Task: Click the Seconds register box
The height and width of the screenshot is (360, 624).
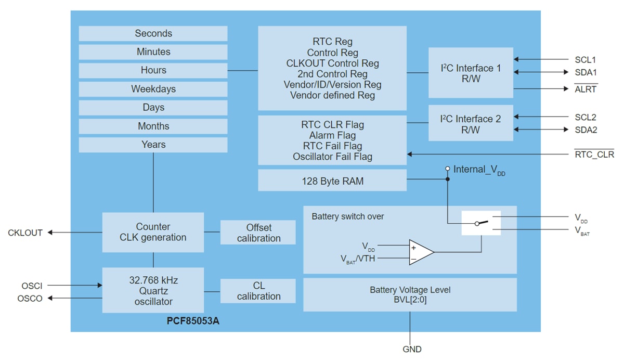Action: [153, 33]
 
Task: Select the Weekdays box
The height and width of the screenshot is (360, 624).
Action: [153, 89]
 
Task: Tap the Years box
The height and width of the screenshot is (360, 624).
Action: [153, 145]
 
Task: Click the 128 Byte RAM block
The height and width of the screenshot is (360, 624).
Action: [332, 182]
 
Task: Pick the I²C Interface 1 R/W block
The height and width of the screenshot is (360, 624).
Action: [470, 73]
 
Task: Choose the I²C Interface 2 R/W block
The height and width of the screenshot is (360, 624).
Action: [470, 124]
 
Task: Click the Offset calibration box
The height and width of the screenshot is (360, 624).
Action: [258, 233]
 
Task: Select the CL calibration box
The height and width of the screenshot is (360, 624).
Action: [258, 291]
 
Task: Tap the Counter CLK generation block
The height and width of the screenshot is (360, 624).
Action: [153, 232]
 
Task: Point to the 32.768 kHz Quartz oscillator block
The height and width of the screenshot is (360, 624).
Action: [153, 290]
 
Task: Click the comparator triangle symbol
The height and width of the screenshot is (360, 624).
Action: [420, 252]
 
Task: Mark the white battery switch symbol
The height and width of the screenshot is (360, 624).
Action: [481, 223]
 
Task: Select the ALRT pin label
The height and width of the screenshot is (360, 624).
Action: [586, 89]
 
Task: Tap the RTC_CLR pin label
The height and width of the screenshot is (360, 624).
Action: [594, 155]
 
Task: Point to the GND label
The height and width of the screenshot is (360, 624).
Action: [412, 349]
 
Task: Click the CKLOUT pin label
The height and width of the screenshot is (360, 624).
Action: [25, 233]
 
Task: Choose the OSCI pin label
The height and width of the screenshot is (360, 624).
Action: [32, 286]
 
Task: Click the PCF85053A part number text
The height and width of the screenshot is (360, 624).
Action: [193, 320]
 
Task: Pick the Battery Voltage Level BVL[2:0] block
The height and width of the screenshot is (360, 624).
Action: [410, 294]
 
